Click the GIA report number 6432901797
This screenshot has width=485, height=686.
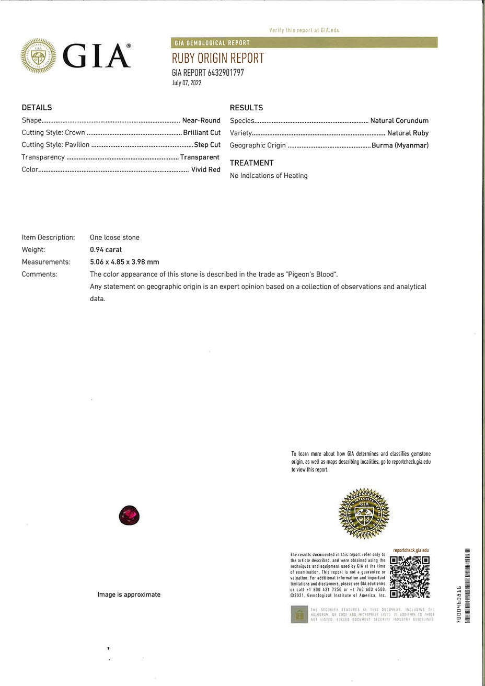208,73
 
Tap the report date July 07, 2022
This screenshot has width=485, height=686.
187,83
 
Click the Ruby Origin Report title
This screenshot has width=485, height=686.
218,58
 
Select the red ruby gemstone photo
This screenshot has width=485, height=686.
130,516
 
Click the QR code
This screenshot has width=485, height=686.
410,577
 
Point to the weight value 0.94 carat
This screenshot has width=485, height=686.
106,249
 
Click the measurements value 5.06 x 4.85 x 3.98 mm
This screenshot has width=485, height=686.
124,262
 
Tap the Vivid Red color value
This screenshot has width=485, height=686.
206,169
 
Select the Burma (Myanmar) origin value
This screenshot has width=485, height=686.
400,145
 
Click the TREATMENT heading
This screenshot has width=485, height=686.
251,163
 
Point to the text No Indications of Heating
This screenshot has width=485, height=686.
269,176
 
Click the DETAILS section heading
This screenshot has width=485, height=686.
37,108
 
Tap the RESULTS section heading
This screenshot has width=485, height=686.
246,108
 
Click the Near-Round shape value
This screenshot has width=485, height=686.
201,120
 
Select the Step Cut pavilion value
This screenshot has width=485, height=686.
207,145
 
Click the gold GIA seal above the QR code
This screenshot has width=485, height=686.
364,514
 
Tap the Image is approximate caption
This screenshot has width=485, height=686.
129,594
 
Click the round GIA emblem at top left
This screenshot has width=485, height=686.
38,55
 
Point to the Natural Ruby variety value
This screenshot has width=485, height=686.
408,133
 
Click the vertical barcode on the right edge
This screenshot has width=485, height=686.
467,585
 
